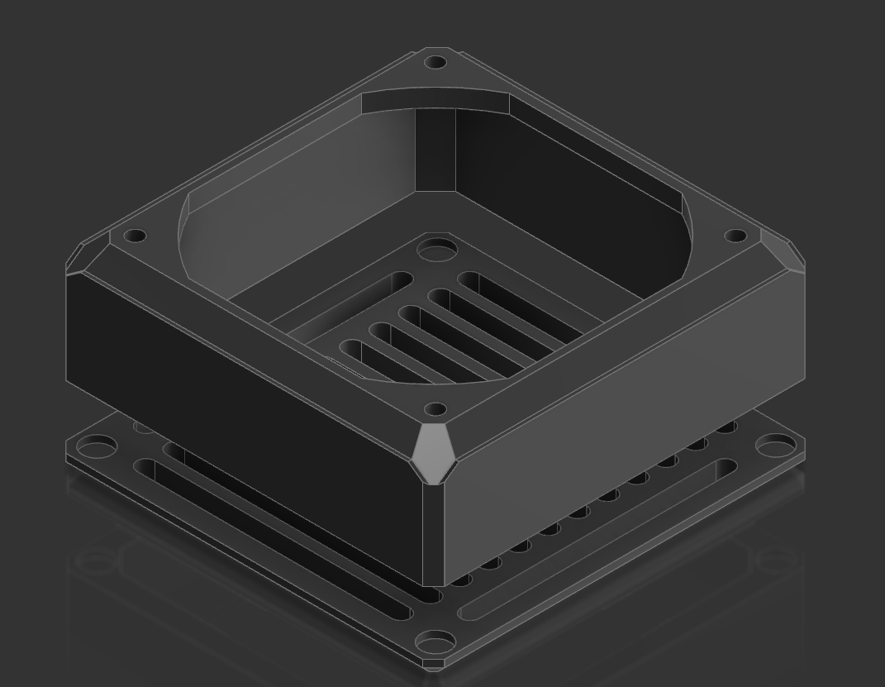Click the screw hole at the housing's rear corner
pyautogui.click(x=435, y=62)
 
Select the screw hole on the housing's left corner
pyautogui.click(x=135, y=236)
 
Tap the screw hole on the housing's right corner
pyautogui.click(x=735, y=236)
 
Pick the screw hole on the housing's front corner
pyautogui.click(x=435, y=408)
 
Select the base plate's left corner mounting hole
pyautogui.click(x=98, y=449)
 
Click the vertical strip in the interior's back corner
pyautogui.click(x=435, y=149)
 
